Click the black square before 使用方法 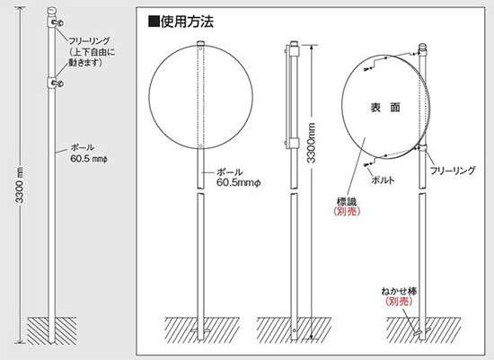(x=154, y=22)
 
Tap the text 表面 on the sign (x=385, y=108)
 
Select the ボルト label (x=383, y=180)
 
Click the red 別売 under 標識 (x=347, y=211)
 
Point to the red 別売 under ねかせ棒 (x=399, y=302)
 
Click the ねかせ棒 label (x=399, y=292)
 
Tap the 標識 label (x=347, y=201)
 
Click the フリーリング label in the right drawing (x=453, y=171)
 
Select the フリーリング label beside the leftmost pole (x=89, y=40)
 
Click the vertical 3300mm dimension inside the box (x=311, y=143)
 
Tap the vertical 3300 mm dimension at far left (x=20, y=185)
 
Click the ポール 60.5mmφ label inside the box (x=239, y=178)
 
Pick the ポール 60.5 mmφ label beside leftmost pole (x=89, y=154)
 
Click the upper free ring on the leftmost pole (x=55, y=22)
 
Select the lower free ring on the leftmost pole (x=55, y=83)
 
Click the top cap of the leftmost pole (x=51, y=12)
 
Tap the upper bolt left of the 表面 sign (x=366, y=69)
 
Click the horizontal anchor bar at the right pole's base (x=421, y=331)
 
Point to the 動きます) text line (x=85, y=63)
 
